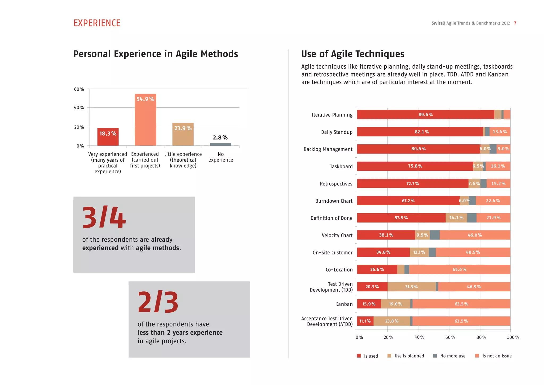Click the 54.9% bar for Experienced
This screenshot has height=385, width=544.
145,120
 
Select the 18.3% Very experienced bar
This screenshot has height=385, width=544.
108,137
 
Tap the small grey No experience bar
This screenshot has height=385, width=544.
220,144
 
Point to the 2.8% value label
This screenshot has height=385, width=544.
220,137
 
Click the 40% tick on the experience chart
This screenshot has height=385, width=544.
79,108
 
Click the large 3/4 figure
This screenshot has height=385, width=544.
104,217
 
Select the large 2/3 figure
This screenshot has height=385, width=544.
158,302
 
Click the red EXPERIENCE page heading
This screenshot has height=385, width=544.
97,23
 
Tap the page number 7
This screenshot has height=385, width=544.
515,23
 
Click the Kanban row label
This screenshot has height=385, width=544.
344,304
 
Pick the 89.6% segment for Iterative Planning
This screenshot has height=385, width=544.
425,115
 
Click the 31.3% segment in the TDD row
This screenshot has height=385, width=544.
411,287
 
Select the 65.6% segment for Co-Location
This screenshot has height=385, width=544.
459,269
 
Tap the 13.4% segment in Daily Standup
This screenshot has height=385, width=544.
500,132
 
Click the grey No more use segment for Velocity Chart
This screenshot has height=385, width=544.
435,235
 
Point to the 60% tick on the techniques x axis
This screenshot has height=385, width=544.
450,337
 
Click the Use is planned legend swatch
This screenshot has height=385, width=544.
389,356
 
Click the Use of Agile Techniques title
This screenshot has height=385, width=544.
353,54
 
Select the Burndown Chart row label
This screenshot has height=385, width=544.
334,201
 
